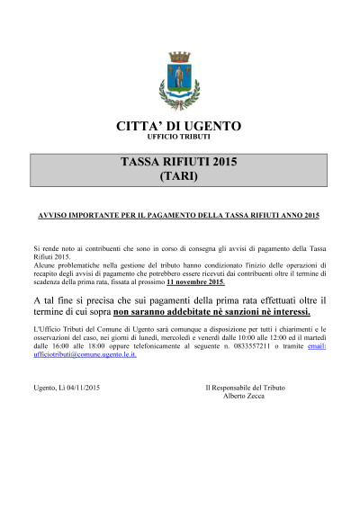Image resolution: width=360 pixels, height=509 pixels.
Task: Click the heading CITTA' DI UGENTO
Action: click(x=179, y=125)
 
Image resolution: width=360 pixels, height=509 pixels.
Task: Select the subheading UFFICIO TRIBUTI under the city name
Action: click(x=179, y=137)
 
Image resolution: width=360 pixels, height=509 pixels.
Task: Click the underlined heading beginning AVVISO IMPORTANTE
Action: click(x=179, y=217)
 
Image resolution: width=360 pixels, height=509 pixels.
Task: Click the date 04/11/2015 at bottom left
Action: click(x=80, y=387)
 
